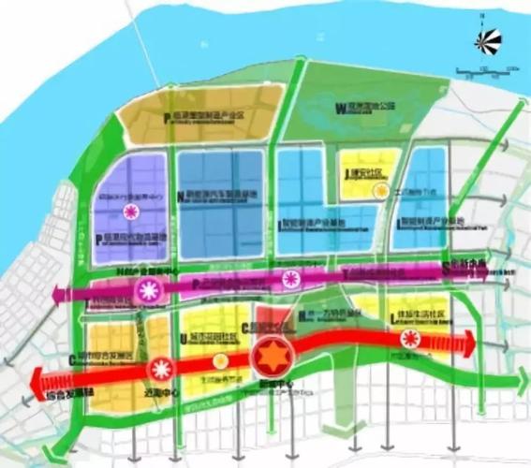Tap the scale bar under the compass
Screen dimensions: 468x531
coord(486,70)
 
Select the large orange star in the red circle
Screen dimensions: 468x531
coord(273,358)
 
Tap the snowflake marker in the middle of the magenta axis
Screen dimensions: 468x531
coord(292,278)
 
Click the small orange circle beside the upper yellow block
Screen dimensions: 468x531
coord(379,190)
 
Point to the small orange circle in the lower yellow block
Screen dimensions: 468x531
coord(221,360)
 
